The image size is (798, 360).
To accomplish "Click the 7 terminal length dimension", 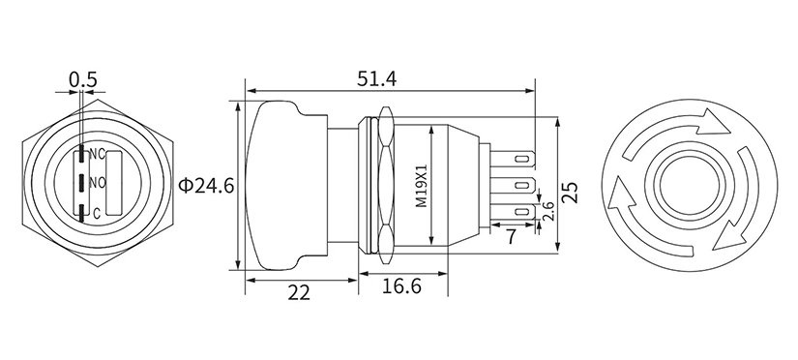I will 511,235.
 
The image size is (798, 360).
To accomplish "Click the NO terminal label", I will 97,183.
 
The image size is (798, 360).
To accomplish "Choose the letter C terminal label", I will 95,213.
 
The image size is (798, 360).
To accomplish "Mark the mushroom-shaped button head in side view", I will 281,184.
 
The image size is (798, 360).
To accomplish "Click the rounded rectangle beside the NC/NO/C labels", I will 111,183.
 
